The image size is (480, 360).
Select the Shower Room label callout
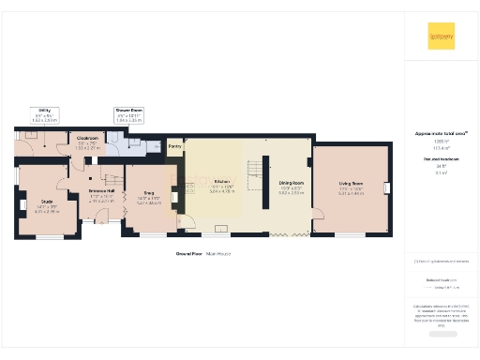coord(128,115)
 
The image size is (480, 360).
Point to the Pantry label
coord(174,146)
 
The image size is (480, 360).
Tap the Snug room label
coord(149,200)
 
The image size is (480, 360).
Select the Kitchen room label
coord(222,185)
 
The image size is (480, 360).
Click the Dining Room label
coord(291,187)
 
